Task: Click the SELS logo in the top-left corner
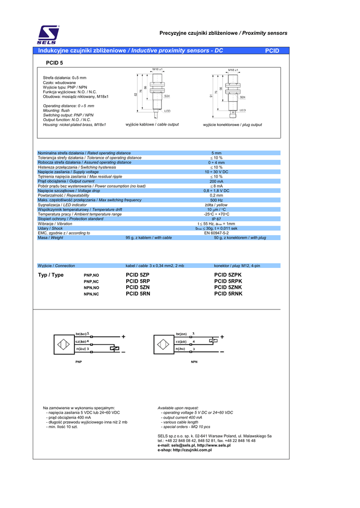coord(49,34)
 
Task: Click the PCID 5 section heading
coord(54,63)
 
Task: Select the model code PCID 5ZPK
coord(227,275)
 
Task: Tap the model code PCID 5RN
coord(138,294)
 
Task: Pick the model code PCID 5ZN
coord(138,288)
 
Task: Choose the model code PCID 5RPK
coord(228,281)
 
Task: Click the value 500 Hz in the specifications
coord(216,200)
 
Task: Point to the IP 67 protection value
coord(216,219)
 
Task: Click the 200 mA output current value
coord(216,181)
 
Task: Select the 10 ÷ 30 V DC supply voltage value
coord(216,172)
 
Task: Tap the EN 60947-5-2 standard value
coord(216,233)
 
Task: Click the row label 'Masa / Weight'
coord(51,238)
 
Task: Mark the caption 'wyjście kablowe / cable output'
coord(152,124)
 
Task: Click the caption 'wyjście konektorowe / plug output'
coord(232,125)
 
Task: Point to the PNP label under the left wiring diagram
coord(78,363)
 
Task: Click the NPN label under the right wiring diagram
coord(194,363)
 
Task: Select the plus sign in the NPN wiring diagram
coord(222,337)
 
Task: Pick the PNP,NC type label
coord(91,282)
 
